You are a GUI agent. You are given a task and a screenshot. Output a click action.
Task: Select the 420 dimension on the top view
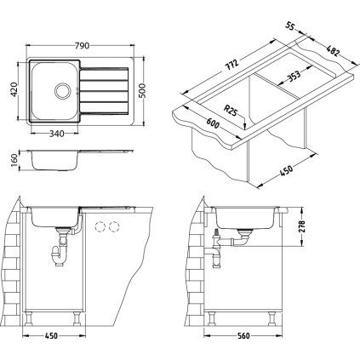coord(13,85)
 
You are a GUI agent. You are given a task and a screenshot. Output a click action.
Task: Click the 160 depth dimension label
coord(13,161)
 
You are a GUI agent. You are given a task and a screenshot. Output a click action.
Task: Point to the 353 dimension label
coord(291,78)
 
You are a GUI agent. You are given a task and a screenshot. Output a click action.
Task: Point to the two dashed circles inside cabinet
coord(108,228)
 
